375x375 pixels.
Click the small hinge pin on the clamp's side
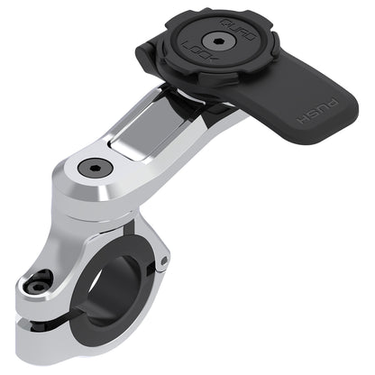tap(163, 261)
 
